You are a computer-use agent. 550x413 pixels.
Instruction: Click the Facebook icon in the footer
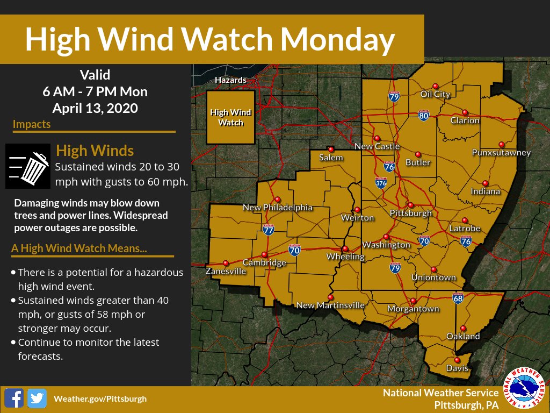pos(13,398)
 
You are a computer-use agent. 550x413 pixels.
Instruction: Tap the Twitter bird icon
pos(37,398)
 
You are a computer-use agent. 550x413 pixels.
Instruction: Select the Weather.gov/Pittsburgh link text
pos(100,398)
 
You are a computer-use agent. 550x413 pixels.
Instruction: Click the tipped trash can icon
pos(28,166)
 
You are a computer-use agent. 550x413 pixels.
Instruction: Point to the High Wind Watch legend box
pos(230,117)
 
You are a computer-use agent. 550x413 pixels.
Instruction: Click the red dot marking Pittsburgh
pos(410,205)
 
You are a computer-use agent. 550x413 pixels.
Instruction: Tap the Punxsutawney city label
pos(501,153)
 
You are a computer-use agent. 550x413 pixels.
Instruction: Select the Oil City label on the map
pos(435,94)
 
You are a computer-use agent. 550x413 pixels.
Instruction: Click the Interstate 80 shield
pos(424,115)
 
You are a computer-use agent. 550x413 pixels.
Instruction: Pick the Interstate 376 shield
pos(381,182)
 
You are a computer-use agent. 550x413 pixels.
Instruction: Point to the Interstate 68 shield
pos(458,297)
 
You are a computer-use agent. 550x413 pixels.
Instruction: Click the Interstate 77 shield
pos(269,230)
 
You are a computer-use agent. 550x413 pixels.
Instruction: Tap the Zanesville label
pos(226,272)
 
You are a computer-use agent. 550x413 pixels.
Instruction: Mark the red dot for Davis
pos(457,360)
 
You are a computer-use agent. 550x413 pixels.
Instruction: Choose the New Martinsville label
pos(330,305)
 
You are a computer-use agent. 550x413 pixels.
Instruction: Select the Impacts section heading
pos(32,124)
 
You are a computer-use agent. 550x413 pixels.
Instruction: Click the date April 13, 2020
pos(95,108)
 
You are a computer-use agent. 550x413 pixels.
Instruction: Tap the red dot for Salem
pos(331,149)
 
